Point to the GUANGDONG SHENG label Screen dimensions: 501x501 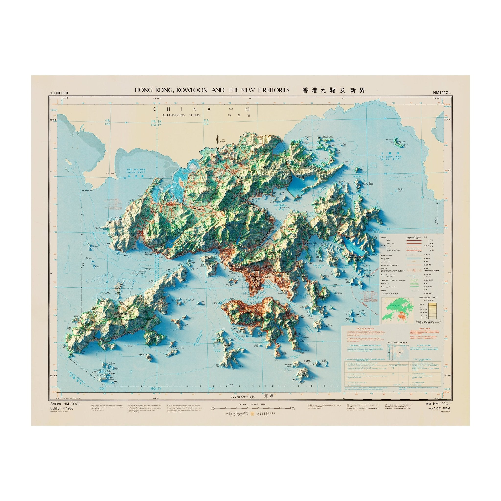pyautogui.click(x=182, y=115)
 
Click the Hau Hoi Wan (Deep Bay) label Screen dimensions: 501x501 pyautogui.click(x=136, y=171)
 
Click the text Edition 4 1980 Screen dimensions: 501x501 pyautogui.click(x=62, y=408)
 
